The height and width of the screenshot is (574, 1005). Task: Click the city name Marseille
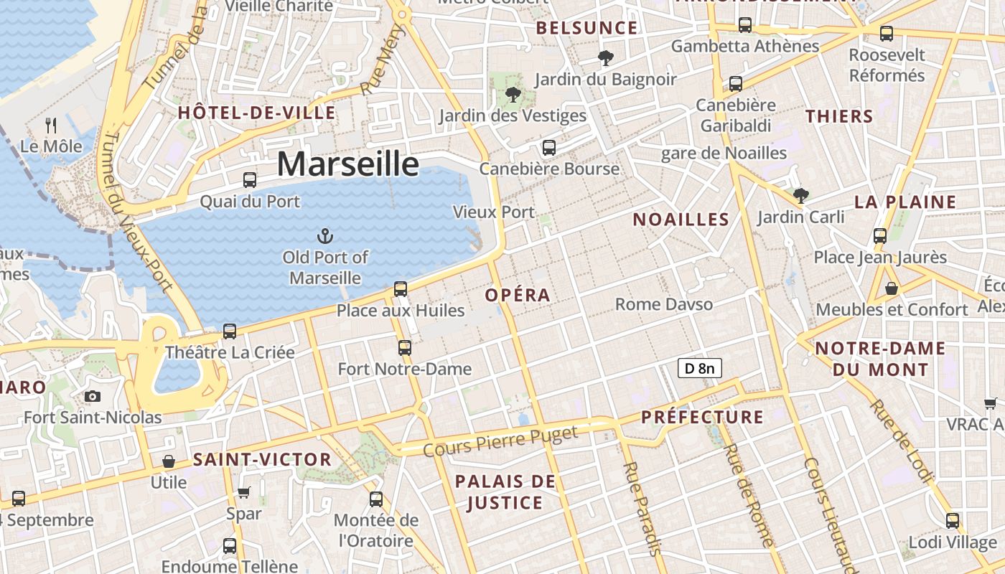pyautogui.click(x=347, y=164)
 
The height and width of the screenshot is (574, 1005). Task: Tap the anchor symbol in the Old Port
pyautogui.click(x=325, y=235)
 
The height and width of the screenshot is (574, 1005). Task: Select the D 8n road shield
pyautogui.click(x=699, y=369)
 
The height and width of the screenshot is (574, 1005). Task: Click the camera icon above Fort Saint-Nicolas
pyautogui.click(x=92, y=396)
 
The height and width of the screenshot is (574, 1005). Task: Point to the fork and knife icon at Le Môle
pyautogui.click(x=51, y=126)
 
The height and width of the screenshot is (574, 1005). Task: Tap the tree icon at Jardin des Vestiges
pyautogui.click(x=513, y=94)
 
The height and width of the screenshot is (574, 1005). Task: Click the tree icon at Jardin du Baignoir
pyautogui.click(x=606, y=57)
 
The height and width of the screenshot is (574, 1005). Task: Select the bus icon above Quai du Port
pyautogui.click(x=250, y=180)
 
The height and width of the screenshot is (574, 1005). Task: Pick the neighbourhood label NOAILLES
pyautogui.click(x=681, y=220)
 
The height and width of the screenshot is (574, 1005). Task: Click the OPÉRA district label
pyautogui.click(x=518, y=295)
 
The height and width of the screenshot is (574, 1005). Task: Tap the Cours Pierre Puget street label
pyautogui.click(x=500, y=441)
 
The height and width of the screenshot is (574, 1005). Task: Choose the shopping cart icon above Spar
pyautogui.click(x=243, y=492)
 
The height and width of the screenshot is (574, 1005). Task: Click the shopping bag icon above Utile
pyautogui.click(x=169, y=461)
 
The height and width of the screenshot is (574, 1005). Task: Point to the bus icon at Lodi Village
pyautogui.click(x=953, y=521)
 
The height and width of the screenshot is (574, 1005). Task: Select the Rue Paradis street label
pyautogui.click(x=642, y=509)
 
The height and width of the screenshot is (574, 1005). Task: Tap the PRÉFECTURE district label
pyautogui.click(x=702, y=417)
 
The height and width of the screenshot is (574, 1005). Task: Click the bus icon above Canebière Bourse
pyautogui.click(x=549, y=148)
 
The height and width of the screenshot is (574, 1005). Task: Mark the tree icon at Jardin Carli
pyautogui.click(x=801, y=195)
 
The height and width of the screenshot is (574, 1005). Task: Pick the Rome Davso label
pyautogui.click(x=664, y=304)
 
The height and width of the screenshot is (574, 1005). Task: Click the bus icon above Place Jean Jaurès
pyautogui.click(x=880, y=236)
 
